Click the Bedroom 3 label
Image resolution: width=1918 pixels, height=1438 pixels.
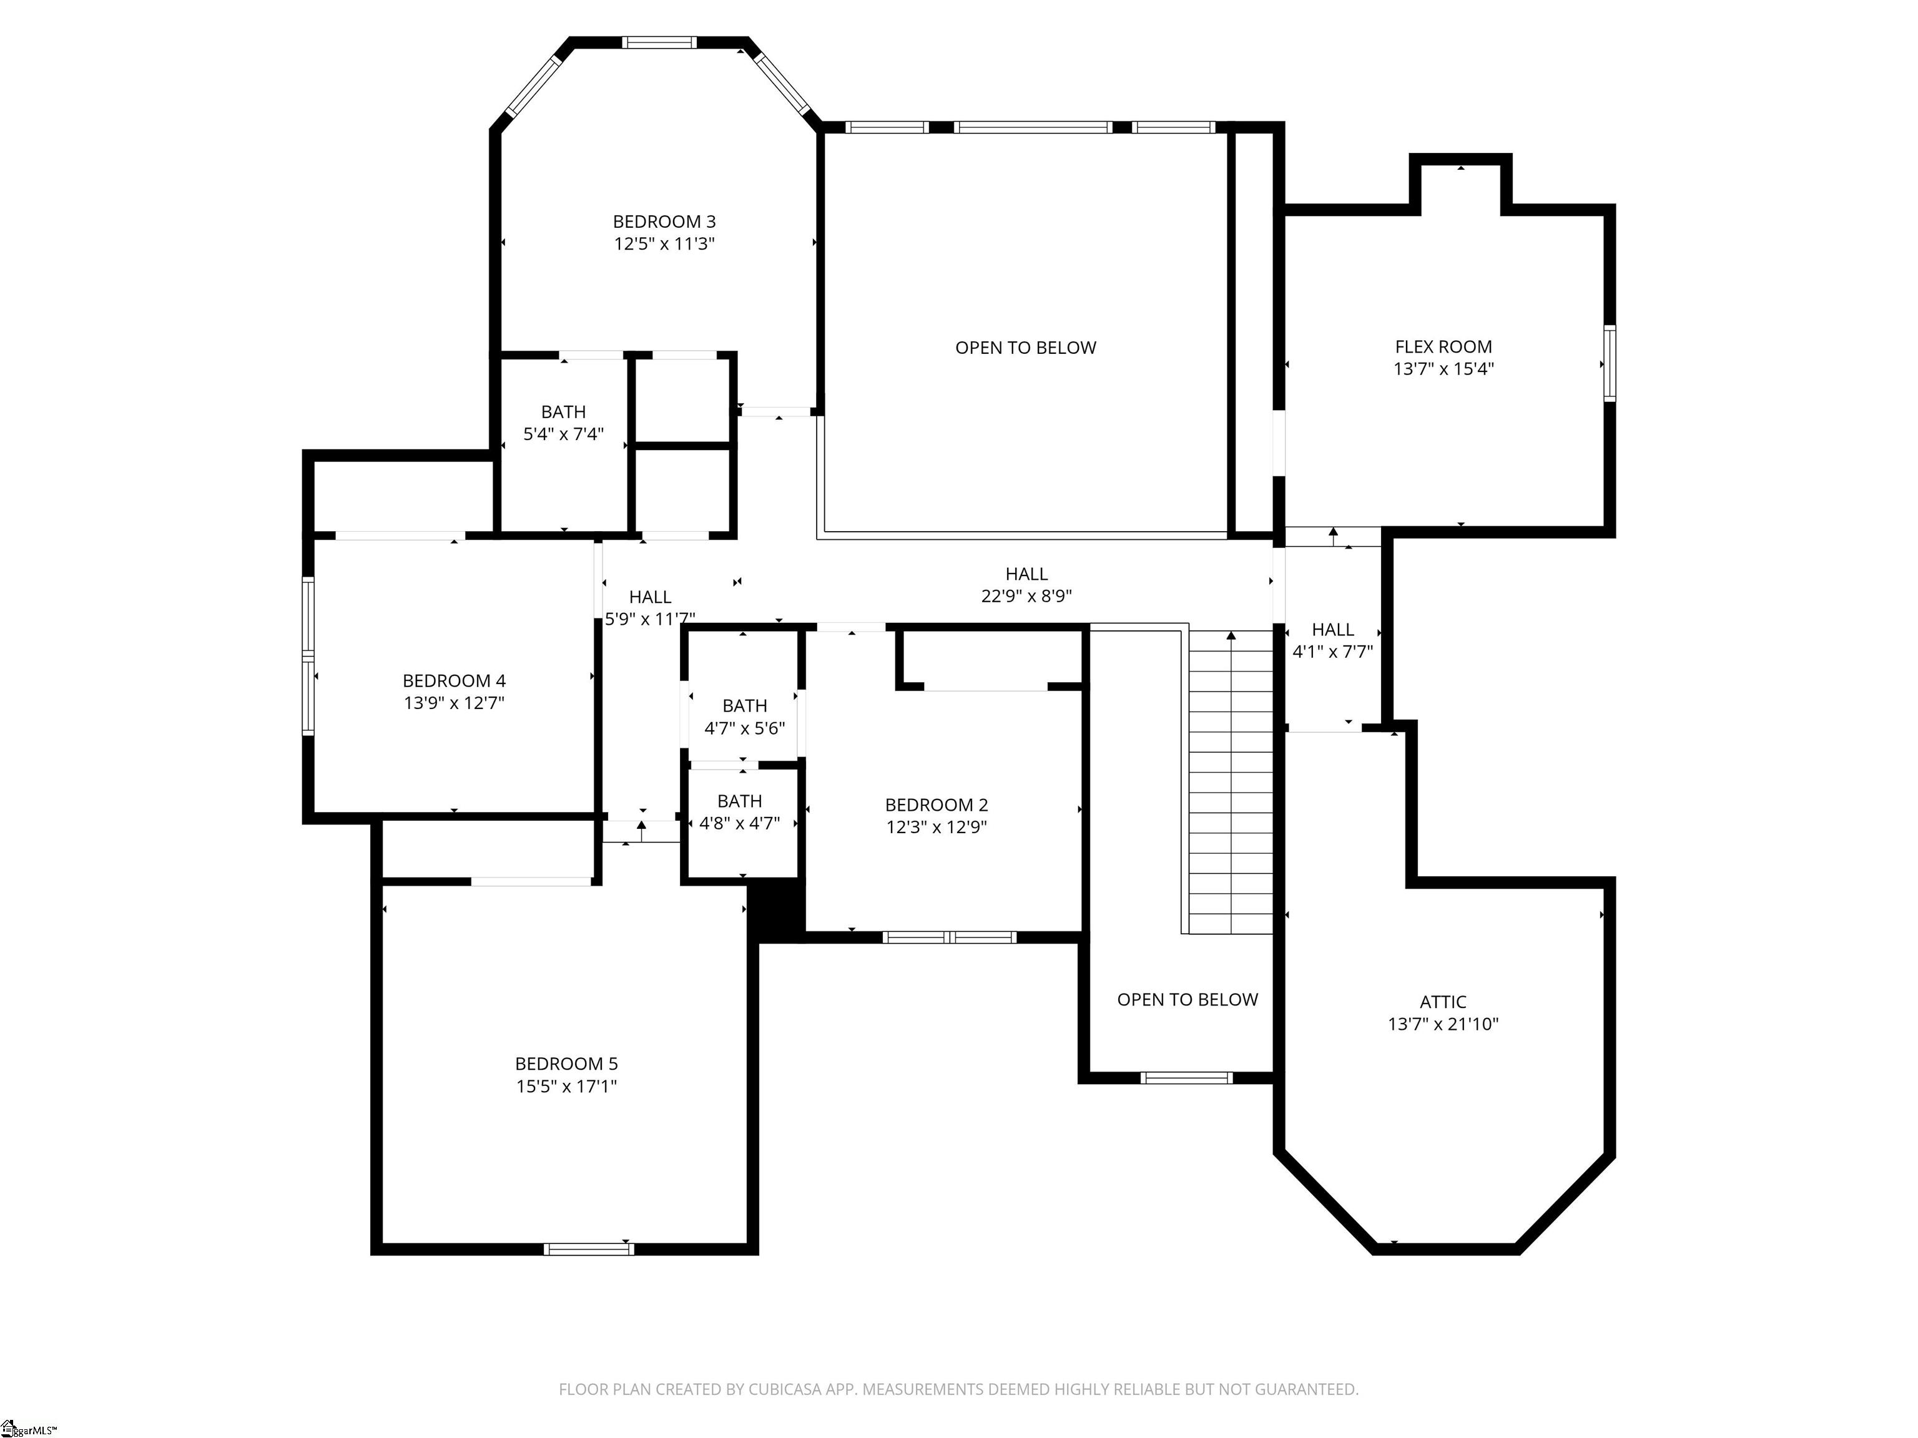pyautogui.click(x=664, y=222)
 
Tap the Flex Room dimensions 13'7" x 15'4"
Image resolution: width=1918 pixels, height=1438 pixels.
pyautogui.click(x=1443, y=368)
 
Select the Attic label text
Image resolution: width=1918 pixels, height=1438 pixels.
pyautogui.click(x=1443, y=1002)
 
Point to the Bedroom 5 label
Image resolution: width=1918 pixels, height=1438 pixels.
pyautogui.click(x=566, y=1064)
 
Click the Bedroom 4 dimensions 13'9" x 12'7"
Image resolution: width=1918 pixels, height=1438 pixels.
pyautogui.click(x=453, y=703)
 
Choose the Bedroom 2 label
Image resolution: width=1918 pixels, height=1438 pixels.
pyautogui.click(x=937, y=805)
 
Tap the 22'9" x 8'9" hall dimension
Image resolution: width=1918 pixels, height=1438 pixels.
pyautogui.click(x=1026, y=596)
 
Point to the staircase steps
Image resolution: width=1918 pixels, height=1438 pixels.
pyautogui.click(x=1231, y=783)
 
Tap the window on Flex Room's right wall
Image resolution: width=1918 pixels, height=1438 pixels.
pyautogui.click(x=1610, y=363)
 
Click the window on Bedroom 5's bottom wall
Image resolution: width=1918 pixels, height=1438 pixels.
pyautogui.click(x=589, y=1249)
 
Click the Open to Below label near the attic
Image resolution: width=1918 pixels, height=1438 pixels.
pyautogui.click(x=1187, y=999)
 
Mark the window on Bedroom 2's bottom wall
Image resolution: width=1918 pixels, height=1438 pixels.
pyautogui.click(x=950, y=937)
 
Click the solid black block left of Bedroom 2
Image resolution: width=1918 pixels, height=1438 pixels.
pyautogui.click(x=777, y=910)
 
